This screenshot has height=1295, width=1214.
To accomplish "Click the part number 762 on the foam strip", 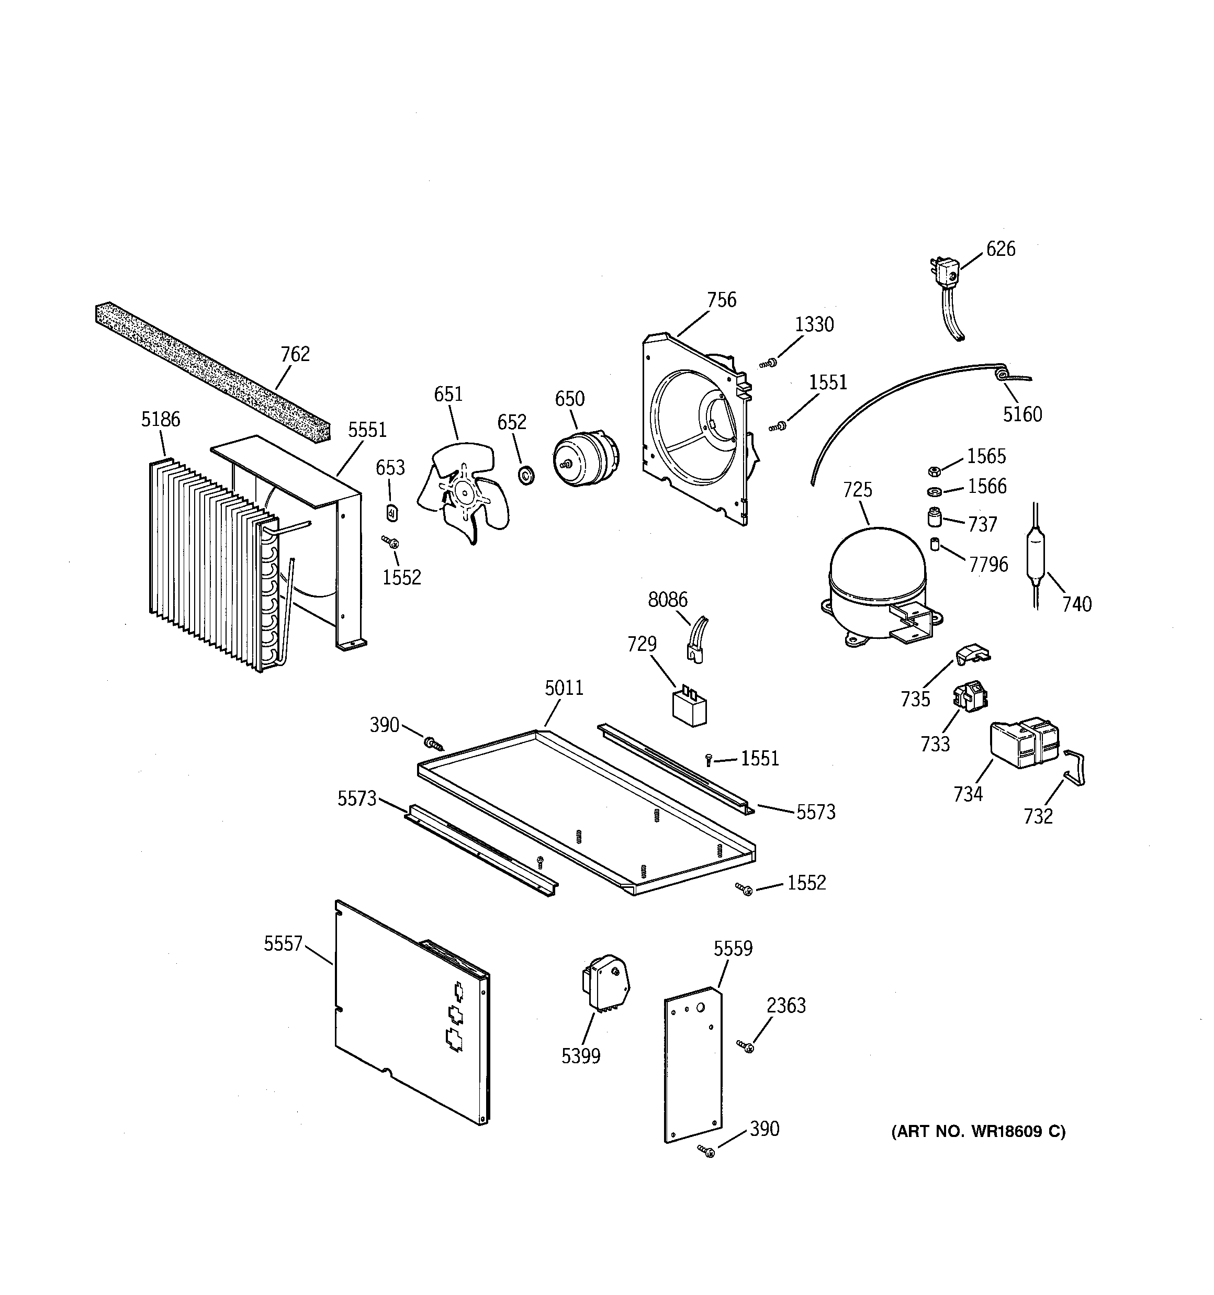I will [x=295, y=354].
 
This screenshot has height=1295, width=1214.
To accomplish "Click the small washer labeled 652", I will [x=526, y=475].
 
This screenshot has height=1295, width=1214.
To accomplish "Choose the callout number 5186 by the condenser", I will [x=160, y=420].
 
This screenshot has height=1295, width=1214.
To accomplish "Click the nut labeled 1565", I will [x=933, y=471].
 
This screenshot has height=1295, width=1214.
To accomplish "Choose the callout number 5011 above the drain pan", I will [x=564, y=688].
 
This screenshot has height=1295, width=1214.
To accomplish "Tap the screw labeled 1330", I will [x=768, y=363].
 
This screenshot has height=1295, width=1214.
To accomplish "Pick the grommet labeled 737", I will [x=935, y=518].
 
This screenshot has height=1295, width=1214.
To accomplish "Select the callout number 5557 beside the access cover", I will [x=283, y=944].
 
